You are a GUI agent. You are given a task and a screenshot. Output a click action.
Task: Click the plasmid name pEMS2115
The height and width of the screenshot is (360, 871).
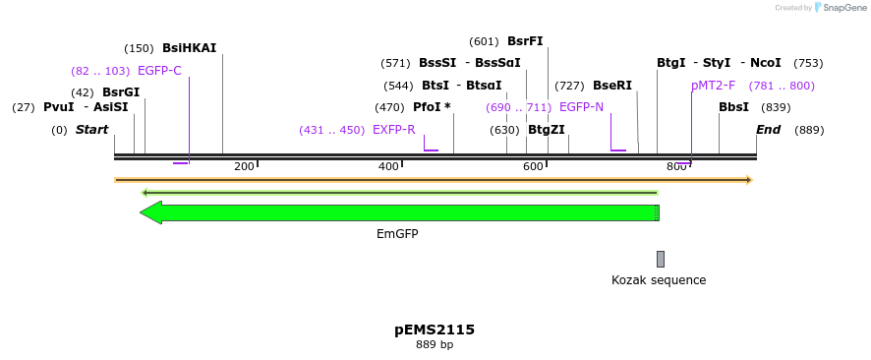435,330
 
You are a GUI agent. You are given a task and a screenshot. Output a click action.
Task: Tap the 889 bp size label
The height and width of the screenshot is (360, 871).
435,345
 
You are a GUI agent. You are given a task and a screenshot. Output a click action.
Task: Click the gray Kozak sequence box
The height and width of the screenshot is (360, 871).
661,259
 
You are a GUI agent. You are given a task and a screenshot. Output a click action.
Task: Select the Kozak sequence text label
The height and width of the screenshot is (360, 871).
659,280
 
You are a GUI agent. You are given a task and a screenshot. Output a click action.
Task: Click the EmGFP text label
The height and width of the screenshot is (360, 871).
397,234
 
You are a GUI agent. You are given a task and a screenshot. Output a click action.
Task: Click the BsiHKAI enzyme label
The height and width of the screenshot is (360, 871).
189,47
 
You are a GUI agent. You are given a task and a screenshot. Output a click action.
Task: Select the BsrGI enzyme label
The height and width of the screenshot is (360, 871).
121,92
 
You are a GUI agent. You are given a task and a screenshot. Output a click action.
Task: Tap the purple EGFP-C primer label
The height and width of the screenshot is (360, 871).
159,71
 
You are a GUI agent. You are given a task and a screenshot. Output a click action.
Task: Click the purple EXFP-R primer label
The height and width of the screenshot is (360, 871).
393,130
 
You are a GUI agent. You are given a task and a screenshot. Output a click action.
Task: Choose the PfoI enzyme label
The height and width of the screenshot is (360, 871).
432,107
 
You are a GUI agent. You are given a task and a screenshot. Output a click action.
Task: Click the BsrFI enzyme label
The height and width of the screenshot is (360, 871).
525,41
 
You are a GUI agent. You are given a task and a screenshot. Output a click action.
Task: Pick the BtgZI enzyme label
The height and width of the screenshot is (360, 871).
547,130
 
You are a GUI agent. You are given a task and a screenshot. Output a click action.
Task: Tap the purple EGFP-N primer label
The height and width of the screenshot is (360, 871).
581,107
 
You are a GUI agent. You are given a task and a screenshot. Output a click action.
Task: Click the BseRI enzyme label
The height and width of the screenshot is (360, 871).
611,86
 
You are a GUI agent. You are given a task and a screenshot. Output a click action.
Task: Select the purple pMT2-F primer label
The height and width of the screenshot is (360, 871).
713,86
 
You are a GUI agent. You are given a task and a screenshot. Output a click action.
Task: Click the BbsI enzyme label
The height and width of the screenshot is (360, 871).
733,107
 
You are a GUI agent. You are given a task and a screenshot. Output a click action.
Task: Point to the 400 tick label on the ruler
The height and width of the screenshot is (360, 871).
388,166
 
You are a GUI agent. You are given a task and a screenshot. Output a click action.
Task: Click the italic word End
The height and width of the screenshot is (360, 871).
768,130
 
